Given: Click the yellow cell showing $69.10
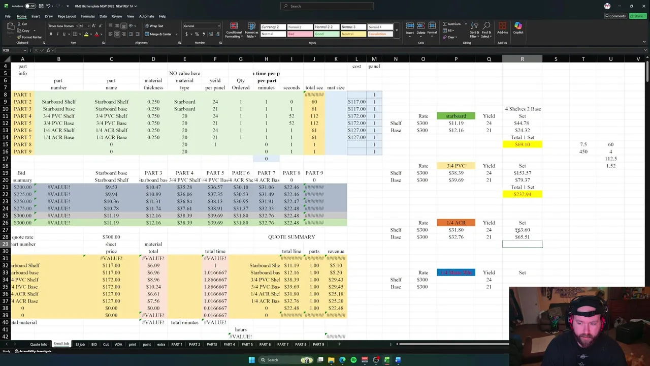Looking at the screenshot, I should tap(522, 144).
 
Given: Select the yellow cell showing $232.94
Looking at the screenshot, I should tap(522, 194).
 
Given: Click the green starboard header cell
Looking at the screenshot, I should tap(456, 116).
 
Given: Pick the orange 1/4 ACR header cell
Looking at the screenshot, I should tap(456, 223).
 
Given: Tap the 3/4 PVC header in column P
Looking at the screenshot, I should tap(456, 166).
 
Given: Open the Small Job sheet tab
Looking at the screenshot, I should tap(61, 344).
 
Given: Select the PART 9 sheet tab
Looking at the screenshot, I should tap(318, 344).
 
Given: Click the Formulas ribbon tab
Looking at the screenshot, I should tap(88, 16).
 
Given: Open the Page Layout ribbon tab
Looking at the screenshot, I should tap(67, 16).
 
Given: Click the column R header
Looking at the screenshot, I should tap(522, 59).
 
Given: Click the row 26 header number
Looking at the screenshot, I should tap(6, 223).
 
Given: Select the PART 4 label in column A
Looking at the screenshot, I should tap(22, 116).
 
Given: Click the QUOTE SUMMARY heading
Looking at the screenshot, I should tap(291, 237).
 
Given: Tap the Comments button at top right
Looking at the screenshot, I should tap(615, 16).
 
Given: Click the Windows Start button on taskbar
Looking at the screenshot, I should tap(251, 360).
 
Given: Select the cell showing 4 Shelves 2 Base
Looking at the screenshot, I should tap(523, 109).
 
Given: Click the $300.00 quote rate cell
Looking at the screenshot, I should tap(111, 237).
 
